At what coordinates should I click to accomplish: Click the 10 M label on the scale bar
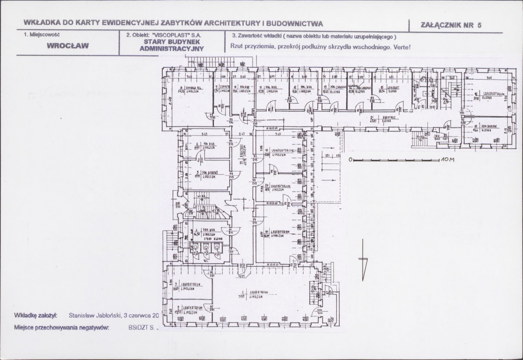click(447, 160)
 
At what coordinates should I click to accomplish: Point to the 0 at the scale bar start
click(350, 160)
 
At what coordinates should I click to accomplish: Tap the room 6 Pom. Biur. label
click(200, 146)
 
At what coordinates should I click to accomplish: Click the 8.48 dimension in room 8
click(170, 100)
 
